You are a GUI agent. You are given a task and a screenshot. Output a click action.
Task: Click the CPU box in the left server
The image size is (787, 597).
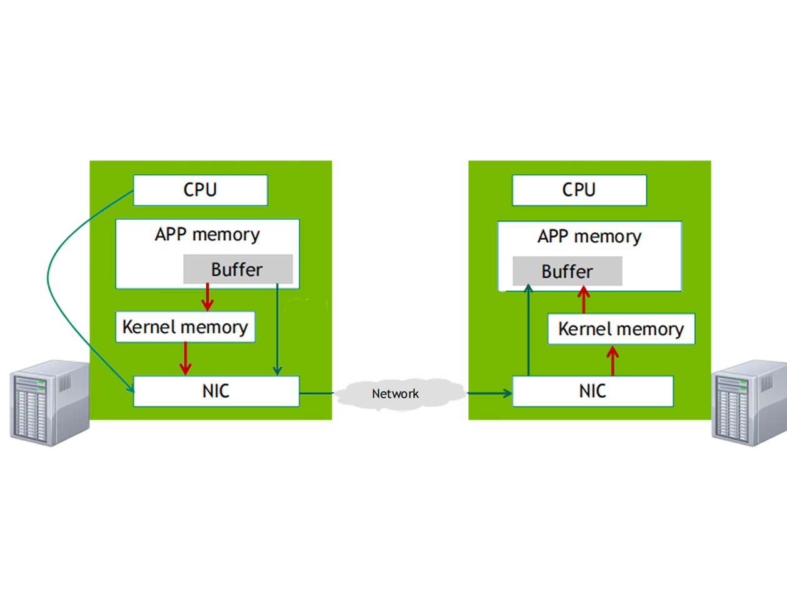[x=200, y=190]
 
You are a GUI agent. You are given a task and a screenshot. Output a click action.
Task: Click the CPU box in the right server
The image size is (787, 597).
[x=579, y=190]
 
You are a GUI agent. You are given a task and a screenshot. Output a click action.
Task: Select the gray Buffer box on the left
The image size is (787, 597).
[x=238, y=269]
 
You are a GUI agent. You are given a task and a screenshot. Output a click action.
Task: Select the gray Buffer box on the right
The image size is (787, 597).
[x=567, y=271]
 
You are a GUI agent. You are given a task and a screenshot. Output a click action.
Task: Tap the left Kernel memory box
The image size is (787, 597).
[x=185, y=327]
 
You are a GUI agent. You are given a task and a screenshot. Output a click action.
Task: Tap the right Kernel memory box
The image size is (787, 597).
[x=621, y=329]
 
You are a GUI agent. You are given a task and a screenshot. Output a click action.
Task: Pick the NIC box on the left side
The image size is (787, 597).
[x=216, y=391]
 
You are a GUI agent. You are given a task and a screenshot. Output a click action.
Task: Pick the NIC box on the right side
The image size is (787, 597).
[x=592, y=391]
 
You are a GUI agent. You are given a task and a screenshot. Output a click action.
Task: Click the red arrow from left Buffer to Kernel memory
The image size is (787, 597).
[x=207, y=297]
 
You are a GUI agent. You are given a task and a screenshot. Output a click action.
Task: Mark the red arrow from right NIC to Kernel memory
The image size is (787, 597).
[x=613, y=361]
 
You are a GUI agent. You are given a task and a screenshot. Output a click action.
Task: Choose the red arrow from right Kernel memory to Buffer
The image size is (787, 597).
[x=584, y=300]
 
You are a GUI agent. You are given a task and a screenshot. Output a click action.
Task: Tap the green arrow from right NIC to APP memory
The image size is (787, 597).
[x=528, y=331]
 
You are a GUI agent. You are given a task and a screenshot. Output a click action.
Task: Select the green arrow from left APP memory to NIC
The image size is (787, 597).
[x=277, y=331]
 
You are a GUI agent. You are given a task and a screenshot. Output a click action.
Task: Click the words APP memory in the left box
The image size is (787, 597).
[x=207, y=235]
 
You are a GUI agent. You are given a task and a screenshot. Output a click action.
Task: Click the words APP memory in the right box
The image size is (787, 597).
[x=589, y=237]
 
